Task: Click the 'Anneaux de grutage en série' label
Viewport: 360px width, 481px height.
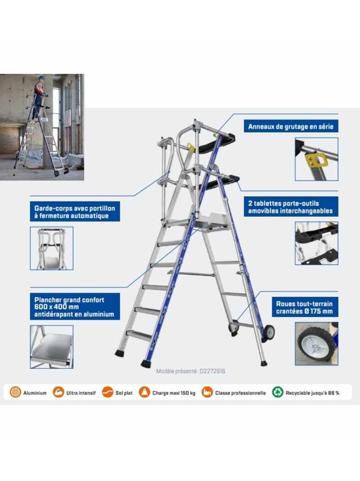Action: tap(291, 127)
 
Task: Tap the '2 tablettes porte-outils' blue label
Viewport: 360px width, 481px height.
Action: tap(291, 207)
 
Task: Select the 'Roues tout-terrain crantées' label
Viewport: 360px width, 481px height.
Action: tap(305, 307)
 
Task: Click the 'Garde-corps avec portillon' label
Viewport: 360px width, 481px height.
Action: tap(75, 212)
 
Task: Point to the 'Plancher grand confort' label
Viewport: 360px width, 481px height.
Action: tap(75, 306)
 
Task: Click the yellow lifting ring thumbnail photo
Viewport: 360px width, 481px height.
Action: tap(316, 159)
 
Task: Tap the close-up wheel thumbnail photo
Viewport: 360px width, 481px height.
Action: tap(316, 344)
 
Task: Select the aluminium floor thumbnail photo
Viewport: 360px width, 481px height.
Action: tap(51, 347)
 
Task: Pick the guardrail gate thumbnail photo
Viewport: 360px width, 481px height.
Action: tap(51, 248)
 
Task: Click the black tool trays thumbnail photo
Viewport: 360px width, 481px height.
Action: tap(316, 243)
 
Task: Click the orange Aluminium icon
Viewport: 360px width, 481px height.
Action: tap(15, 392)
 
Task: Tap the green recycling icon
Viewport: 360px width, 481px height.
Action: tap(278, 392)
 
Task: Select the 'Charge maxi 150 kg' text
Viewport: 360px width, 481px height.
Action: tap(174, 393)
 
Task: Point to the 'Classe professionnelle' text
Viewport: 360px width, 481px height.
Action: tap(240, 393)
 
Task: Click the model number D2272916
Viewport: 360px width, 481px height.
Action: tap(212, 371)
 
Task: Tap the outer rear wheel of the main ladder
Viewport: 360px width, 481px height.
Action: tap(269, 331)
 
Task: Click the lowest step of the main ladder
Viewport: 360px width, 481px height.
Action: tap(139, 334)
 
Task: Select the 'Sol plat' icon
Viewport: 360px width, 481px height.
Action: tap(108, 392)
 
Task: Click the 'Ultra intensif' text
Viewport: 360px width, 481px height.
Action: tap(81, 393)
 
